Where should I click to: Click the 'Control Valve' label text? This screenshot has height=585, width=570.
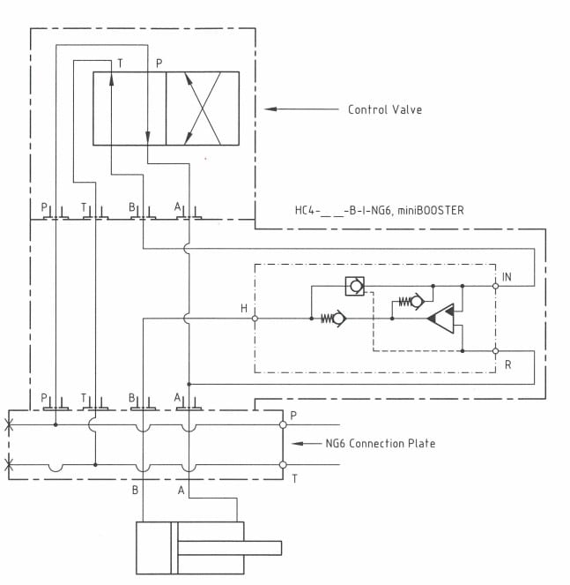(x=385, y=109)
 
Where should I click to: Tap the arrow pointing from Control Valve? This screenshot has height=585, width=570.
(x=301, y=109)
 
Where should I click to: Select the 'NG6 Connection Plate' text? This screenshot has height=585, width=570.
(x=381, y=443)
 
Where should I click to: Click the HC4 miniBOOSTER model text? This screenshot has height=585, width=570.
(x=379, y=210)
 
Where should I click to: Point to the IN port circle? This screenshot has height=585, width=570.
(x=495, y=286)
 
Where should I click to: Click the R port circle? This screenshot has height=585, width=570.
(x=495, y=351)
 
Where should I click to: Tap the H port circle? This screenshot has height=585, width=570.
(x=255, y=319)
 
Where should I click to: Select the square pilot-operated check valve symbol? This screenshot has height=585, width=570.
(x=355, y=286)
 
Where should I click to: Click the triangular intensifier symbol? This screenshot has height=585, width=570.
(x=441, y=319)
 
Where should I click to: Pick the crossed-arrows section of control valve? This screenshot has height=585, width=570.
(x=203, y=109)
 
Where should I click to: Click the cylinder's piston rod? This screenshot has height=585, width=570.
(x=229, y=548)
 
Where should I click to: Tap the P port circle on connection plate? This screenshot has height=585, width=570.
(x=283, y=424)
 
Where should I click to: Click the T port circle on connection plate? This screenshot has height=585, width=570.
(x=283, y=465)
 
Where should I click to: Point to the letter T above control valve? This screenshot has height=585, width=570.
(x=120, y=64)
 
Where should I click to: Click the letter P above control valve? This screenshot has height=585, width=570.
(x=159, y=64)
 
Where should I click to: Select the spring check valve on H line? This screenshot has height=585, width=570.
(x=333, y=319)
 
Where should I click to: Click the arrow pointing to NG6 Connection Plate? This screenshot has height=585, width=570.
(x=307, y=443)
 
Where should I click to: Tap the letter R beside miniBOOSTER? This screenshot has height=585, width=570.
(x=507, y=365)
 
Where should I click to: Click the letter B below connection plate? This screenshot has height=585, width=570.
(x=136, y=490)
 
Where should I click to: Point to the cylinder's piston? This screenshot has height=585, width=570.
(x=174, y=548)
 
